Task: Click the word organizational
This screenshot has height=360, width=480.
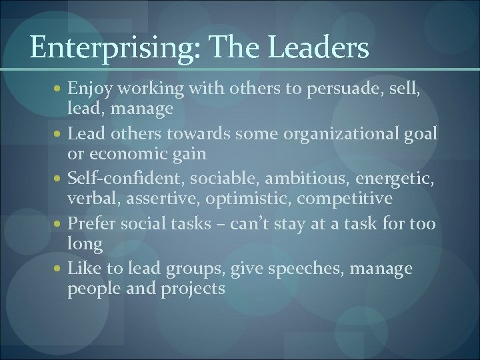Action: [x=343, y=133]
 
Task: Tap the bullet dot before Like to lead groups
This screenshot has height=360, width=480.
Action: [x=60, y=269]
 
